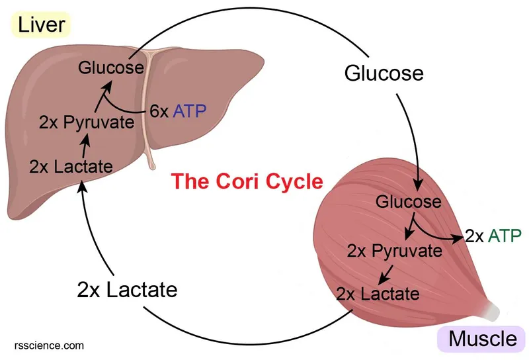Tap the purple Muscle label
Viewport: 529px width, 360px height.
[482, 339]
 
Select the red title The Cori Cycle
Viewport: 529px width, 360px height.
[247, 180]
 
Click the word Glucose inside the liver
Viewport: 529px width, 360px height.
[111, 67]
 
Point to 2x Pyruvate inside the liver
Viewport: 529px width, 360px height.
[86, 122]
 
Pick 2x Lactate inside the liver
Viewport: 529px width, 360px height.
[71, 166]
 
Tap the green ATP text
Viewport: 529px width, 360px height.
[505, 236]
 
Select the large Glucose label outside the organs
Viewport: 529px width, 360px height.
[384, 72]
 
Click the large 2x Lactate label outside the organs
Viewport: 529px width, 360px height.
[127, 289]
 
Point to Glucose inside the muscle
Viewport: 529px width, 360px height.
[408, 201]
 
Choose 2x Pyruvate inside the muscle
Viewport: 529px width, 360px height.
[395, 251]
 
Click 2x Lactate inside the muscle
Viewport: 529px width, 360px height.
[378, 292]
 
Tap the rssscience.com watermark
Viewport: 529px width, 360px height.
[49, 345]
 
